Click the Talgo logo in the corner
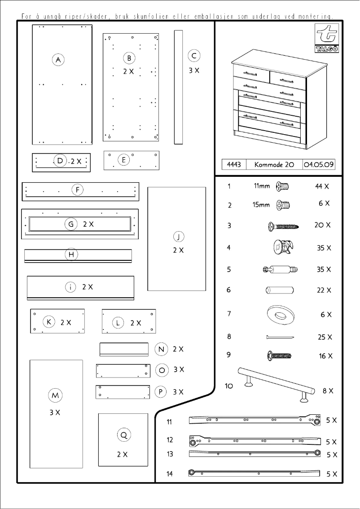327,39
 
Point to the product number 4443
234,165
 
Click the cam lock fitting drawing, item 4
283,247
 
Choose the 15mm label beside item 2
261,205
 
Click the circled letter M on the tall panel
55,395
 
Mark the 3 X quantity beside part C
194,71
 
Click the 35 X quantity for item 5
324,270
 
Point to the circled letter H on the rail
71,254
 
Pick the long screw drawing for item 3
283,226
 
